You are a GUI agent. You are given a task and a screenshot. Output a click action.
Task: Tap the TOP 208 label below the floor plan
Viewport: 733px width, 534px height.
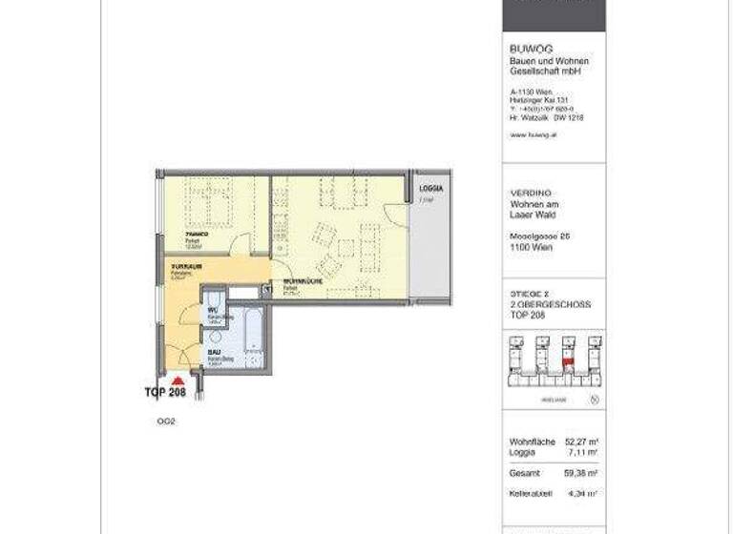(164, 393)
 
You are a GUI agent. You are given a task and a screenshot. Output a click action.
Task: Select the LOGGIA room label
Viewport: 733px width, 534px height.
(432, 190)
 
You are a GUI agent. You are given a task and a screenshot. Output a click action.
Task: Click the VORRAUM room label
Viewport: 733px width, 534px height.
(185, 265)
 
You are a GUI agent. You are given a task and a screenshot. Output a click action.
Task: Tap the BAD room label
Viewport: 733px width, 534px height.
(214, 353)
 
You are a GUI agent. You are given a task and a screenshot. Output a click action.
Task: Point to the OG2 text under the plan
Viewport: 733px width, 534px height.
(166, 420)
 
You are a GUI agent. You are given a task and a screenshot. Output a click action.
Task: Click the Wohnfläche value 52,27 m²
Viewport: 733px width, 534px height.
(580, 442)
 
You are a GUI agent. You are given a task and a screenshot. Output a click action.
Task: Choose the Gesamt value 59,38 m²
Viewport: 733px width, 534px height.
(580, 473)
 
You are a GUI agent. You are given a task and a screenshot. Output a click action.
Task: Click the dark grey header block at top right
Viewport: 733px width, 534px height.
(554, 15)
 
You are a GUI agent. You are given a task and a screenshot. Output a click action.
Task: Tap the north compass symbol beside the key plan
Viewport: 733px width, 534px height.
(595, 400)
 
